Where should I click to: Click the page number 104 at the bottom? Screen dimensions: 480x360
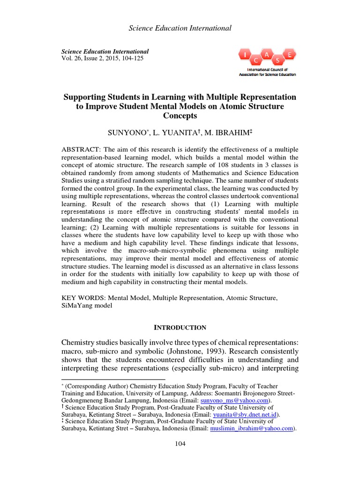click(180, 444)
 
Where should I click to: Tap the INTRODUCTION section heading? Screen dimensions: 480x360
click(180, 327)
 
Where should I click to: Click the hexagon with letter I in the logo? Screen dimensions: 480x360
click(245, 56)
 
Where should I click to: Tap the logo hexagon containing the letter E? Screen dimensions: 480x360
click(290, 55)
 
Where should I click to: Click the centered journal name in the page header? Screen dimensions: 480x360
click(180, 29)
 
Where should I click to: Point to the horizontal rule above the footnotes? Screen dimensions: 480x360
click(113, 378)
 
